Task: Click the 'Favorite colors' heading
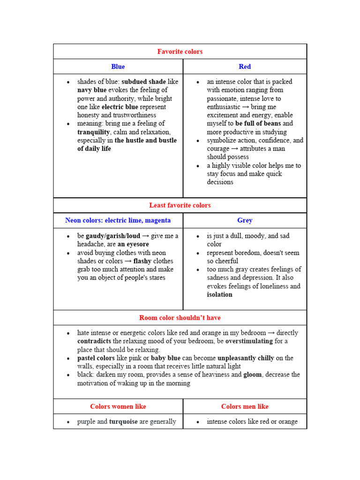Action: pyautogui.click(x=180, y=52)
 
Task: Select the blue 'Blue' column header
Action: pyautogui.click(x=118, y=67)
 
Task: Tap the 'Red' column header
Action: pyautogui.click(x=245, y=67)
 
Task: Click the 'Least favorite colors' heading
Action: pyautogui.click(x=180, y=205)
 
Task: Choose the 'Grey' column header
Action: pyautogui.click(x=245, y=220)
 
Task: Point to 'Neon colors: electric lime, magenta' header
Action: pyautogui.click(x=118, y=220)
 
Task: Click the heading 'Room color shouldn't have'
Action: pyautogui.click(x=180, y=318)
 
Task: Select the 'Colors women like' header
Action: pyautogui.click(x=118, y=406)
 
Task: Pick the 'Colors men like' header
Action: pyautogui.click(x=245, y=406)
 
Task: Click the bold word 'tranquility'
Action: pyautogui.click(x=93, y=132)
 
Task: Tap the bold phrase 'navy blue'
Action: pyautogui.click(x=92, y=90)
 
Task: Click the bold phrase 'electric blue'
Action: pyautogui.click(x=120, y=107)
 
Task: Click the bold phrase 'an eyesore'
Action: pyautogui.click(x=133, y=244)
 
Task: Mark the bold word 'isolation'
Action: pyautogui.click(x=220, y=295)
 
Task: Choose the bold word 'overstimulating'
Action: pyautogui.click(x=249, y=341)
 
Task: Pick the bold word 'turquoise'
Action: pyautogui.click(x=123, y=422)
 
